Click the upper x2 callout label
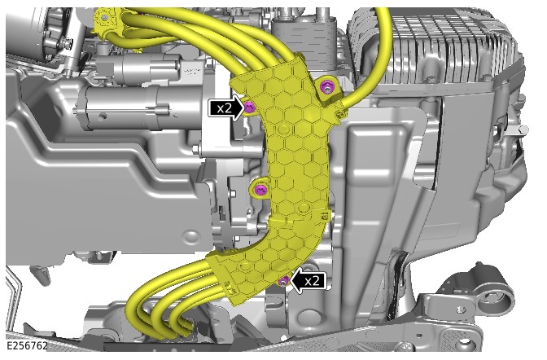[224, 108]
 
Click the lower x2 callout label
[312, 280]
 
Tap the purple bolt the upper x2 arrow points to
[249, 107]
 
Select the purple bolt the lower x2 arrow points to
[283, 280]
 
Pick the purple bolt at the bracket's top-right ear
[326, 86]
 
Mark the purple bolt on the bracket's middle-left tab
[260, 190]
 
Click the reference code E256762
[27, 345]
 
